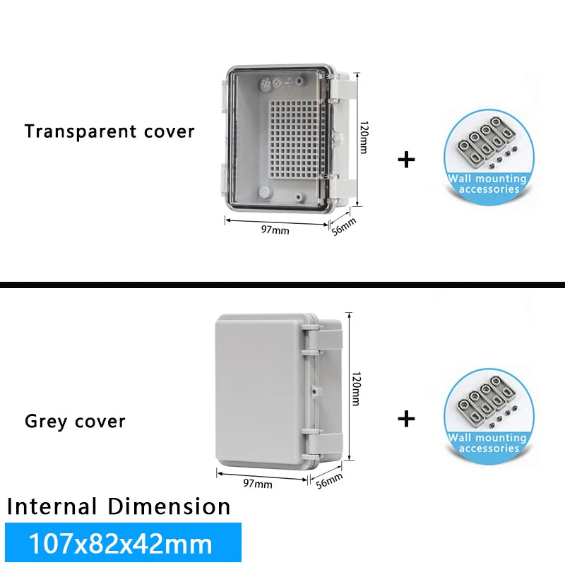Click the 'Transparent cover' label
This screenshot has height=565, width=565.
(109, 131)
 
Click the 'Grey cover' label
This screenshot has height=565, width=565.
(75, 422)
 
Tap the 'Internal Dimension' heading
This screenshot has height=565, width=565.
(119, 506)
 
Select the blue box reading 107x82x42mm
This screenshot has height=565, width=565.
(122, 543)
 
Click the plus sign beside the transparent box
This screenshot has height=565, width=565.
(406, 160)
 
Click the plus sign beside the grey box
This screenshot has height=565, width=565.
(406, 420)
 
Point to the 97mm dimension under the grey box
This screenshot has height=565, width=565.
(258, 484)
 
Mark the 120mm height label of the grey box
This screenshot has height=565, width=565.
(355, 388)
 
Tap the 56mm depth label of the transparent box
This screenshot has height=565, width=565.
(345, 227)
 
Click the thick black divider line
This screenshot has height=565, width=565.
(282, 285)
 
